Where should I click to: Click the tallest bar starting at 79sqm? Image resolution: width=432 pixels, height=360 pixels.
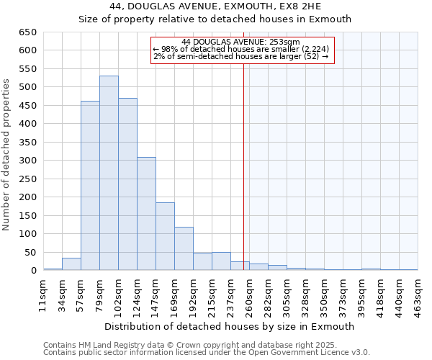click(x=109, y=173)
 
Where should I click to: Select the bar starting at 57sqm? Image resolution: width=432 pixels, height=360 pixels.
click(x=90, y=186)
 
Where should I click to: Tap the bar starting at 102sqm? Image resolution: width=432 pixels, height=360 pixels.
click(x=127, y=184)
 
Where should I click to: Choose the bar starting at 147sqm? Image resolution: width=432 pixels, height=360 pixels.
click(x=165, y=236)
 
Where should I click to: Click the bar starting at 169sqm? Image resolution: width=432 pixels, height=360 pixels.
click(x=184, y=248)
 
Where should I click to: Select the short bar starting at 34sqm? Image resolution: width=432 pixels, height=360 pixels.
click(x=71, y=264)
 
